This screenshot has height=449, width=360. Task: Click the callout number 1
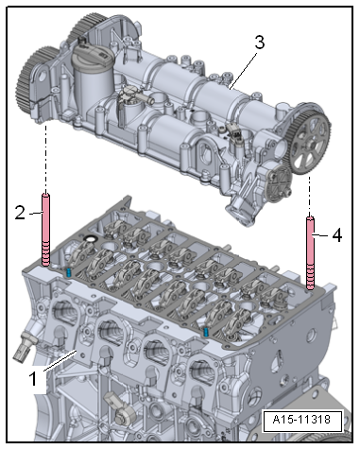pos(33,379)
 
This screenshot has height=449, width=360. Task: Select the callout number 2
pos(20,213)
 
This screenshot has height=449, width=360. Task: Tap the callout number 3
pos(260,43)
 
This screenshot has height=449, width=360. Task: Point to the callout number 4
pos(337,235)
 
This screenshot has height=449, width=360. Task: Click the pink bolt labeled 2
pos(45,230)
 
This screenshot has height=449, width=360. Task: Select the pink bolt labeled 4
pos(310,253)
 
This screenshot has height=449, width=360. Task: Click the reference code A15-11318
pos(301,420)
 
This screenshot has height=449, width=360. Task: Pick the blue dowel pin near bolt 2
pos(68,272)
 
